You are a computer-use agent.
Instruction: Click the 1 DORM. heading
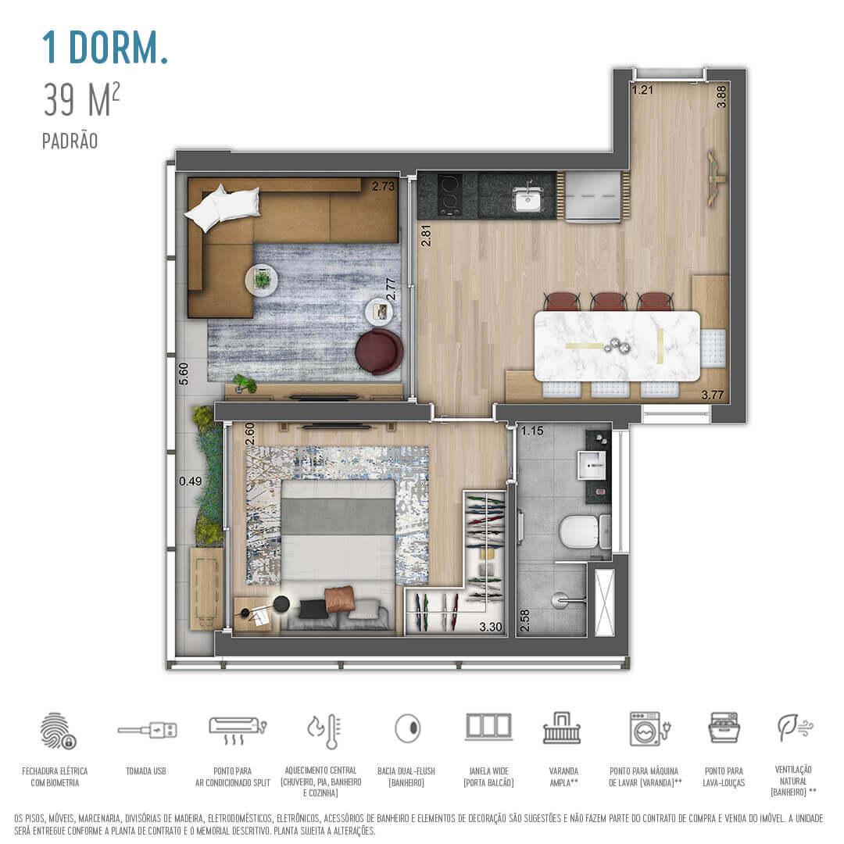(105, 48)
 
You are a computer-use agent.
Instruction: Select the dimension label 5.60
(184, 374)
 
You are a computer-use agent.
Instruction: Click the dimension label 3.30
(490, 626)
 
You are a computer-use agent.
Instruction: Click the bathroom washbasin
(592, 467)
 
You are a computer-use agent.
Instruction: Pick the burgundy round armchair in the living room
(379, 352)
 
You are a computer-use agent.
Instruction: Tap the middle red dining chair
(609, 301)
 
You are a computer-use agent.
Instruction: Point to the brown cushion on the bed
(341, 599)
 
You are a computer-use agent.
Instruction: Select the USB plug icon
(147, 730)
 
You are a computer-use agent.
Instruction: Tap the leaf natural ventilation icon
(795, 728)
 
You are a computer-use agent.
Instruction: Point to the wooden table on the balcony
(206, 586)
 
